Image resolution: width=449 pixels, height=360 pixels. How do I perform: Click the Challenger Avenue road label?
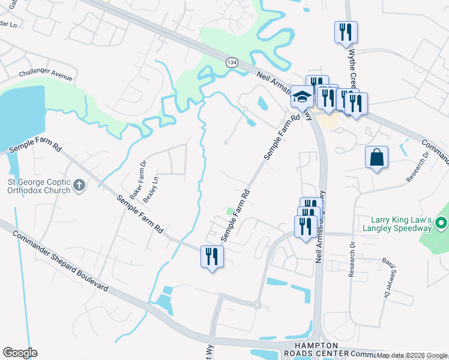click(x=45, y=77)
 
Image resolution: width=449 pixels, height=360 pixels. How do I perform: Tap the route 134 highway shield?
click(x=231, y=62)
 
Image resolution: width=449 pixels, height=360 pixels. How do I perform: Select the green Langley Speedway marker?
click(x=441, y=224)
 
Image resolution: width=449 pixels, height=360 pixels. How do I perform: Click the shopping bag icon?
click(x=376, y=157)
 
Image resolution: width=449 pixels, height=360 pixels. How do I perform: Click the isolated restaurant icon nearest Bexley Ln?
click(x=212, y=257)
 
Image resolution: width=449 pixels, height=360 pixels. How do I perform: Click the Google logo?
click(x=19, y=353)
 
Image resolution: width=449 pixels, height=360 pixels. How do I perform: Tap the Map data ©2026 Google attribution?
click(x=412, y=356)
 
